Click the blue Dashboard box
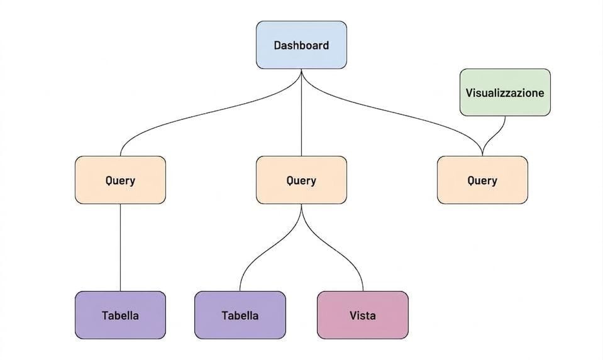[x=302, y=45]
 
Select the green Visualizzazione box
[x=505, y=92]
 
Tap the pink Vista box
[x=363, y=315]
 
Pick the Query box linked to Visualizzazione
[x=482, y=180]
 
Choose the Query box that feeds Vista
[x=302, y=180]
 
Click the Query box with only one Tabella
[x=120, y=180]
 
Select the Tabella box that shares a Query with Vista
[x=240, y=315]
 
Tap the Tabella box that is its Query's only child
[x=120, y=315]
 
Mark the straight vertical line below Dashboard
[x=302, y=112]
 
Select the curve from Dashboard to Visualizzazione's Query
[x=389, y=111]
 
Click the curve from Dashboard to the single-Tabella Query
[x=211, y=111]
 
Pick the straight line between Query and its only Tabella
[x=120, y=248]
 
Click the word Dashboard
[x=302, y=45]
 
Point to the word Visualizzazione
[x=505, y=92]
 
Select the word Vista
[x=363, y=315]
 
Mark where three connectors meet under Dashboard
[x=302, y=70]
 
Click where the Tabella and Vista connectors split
[x=302, y=205]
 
